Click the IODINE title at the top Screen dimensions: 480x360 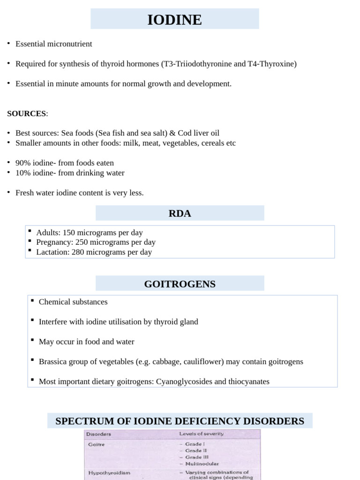click(x=174, y=20)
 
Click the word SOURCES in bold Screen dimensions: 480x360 click(x=27, y=113)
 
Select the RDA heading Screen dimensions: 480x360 click(x=180, y=214)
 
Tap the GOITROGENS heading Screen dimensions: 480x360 click(x=180, y=284)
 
